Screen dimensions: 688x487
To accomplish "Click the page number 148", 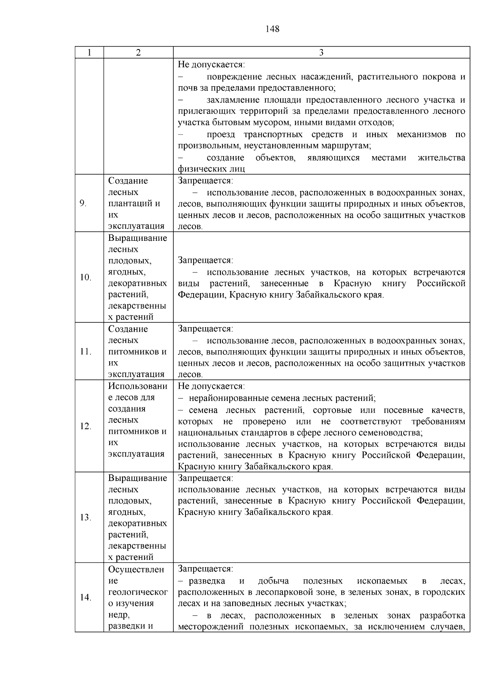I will coord(272,29).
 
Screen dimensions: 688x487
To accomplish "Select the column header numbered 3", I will coord(321,53).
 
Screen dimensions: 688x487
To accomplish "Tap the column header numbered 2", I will coord(138,53).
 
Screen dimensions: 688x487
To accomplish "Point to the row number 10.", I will coord(86,277).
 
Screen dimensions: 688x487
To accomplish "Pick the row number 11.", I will coord(85,352).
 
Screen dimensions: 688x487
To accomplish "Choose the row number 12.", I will coord(86,426).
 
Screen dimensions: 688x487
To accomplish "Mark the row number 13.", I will coord(86,517).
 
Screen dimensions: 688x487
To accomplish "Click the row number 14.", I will coord(86,597).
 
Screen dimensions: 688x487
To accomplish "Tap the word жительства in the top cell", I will coord(442,157).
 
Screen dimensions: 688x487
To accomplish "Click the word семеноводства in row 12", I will coord(392,433).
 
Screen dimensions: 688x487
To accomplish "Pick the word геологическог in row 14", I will coord(138,592).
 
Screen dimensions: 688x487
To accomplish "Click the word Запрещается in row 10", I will coord(205,260).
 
